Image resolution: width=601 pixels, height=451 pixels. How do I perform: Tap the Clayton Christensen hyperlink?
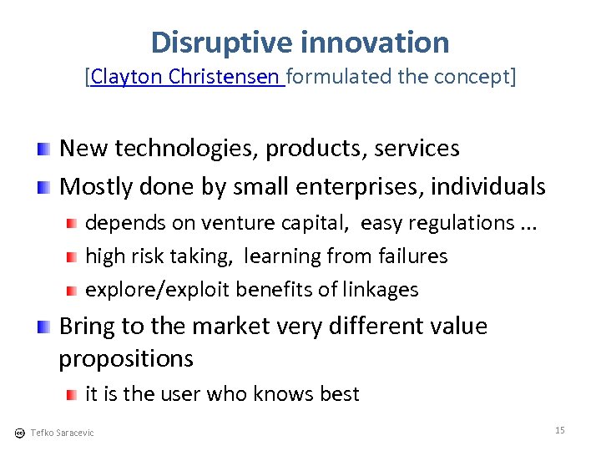(186, 78)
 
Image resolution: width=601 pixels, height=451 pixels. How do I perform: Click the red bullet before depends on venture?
(73, 223)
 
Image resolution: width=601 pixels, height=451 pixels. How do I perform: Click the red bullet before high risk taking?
(73, 256)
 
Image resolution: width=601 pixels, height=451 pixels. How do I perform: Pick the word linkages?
(381, 290)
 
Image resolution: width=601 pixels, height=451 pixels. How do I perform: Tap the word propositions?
(126, 359)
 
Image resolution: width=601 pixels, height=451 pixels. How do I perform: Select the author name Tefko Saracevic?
(62, 433)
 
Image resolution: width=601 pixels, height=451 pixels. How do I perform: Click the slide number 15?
(559, 430)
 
